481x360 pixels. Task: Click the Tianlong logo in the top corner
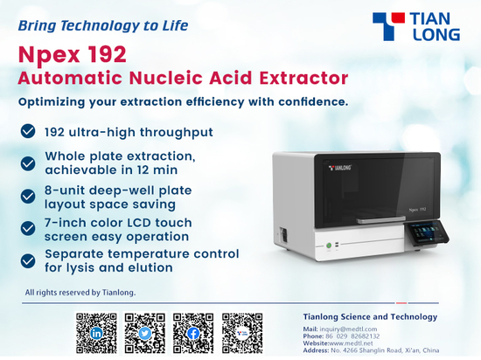click(x=416, y=26)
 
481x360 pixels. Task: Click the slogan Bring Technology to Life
click(x=103, y=25)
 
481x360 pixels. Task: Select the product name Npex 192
click(x=72, y=54)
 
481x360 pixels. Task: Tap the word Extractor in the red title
click(x=303, y=78)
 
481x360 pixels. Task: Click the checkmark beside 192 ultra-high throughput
click(x=28, y=131)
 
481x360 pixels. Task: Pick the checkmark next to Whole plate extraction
click(x=28, y=163)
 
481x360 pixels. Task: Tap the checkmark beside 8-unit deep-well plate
click(x=28, y=197)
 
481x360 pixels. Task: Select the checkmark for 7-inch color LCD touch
click(x=28, y=228)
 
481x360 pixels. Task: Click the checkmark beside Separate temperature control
click(x=28, y=261)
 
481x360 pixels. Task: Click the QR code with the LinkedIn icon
click(x=96, y=333)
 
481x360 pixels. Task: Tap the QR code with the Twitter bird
click(x=145, y=333)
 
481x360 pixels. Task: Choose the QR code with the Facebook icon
click(x=193, y=333)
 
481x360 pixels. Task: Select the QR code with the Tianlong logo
click(x=242, y=333)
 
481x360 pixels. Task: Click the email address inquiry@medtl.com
click(x=348, y=329)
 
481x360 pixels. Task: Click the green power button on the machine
click(x=329, y=246)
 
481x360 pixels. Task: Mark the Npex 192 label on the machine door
click(x=417, y=210)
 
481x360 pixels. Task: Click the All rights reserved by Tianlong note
click(x=80, y=293)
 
